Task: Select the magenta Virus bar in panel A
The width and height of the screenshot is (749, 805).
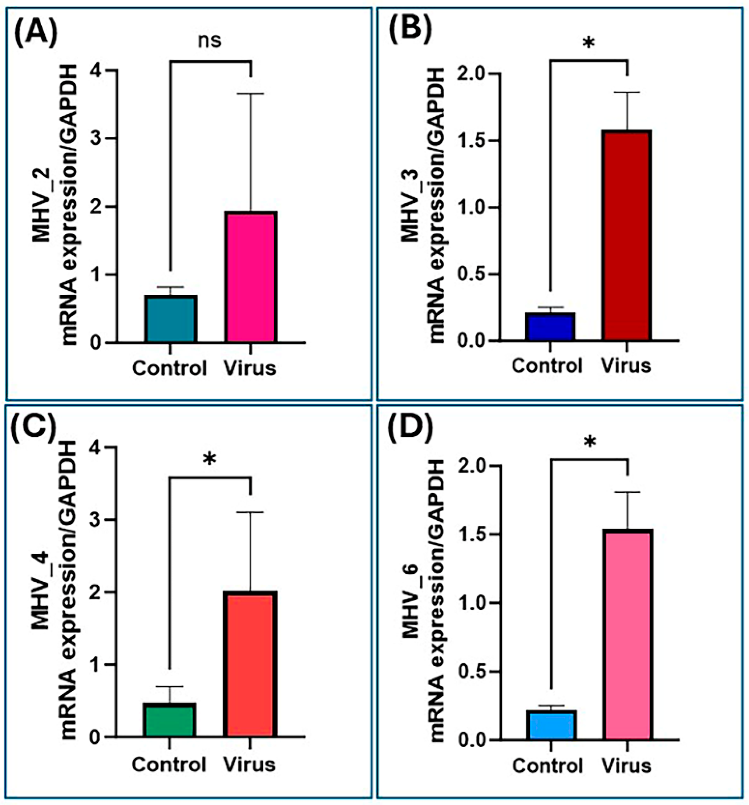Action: pyautogui.click(x=251, y=277)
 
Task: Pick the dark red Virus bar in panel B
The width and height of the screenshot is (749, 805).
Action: pyautogui.click(x=626, y=235)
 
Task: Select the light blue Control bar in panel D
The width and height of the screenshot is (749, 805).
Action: pyautogui.click(x=551, y=725)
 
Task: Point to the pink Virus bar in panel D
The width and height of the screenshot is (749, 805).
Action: pyautogui.click(x=627, y=635)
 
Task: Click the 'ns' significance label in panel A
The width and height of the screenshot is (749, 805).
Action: pyautogui.click(x=210, y=41)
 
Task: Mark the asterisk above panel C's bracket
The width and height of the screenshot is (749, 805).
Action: pyautogui.click(x=209, y=459)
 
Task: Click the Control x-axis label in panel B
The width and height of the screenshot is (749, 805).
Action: pyautogui.click(x=547, y=366)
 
